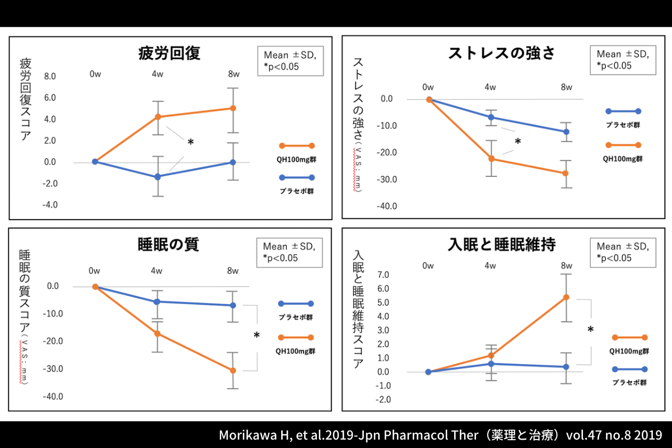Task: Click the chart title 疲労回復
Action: click(x=169, y=54)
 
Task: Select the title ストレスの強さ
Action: click(x=501, y=54)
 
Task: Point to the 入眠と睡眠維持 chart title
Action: click(x=501, y=245)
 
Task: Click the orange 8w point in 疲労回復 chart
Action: click(x=233, y=108)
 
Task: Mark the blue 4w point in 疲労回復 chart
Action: click(x=158, y=176)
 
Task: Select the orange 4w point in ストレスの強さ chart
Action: click(x=491, y=158)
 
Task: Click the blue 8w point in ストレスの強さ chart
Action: click(x=566, y=132)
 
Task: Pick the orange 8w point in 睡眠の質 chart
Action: click(x=233, y=370)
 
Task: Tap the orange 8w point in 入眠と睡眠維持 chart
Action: click(x=566, y=297)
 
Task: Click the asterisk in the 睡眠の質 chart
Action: click(x=256, y=336)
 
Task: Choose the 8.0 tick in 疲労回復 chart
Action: click(x=50, y=77)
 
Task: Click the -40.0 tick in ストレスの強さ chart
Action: click(x=386, y=206)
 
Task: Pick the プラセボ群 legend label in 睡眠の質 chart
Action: click(x=296, y=317)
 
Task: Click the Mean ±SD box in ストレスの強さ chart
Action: click(x=623, y=59)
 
